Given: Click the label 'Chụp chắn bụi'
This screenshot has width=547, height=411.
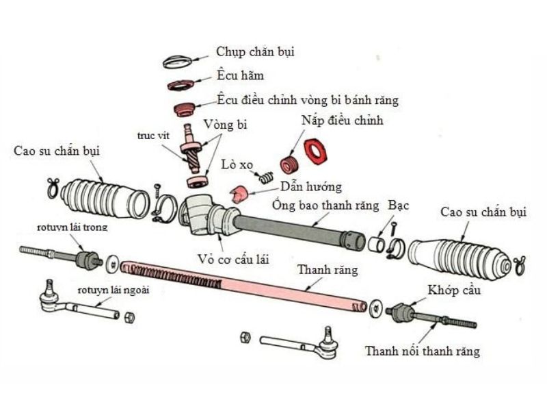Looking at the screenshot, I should [x=255, y=52].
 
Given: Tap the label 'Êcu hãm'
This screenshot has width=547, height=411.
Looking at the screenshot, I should [x=240, y=75].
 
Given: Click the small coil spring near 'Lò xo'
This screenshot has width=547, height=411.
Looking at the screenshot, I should [x=266, y=178].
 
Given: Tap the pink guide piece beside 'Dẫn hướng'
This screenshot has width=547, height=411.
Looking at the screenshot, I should [x=239, y=195].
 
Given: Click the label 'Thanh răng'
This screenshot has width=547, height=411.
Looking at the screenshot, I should [x=328, y=270].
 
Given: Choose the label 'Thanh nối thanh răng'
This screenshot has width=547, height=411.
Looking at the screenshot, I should [x=422, y=351].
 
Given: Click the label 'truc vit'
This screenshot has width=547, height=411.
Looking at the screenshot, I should [x=153, y=136].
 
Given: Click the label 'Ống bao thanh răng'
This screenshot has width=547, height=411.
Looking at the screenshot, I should [x=326, y=204].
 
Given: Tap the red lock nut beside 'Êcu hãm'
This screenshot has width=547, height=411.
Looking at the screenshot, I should [x=181, y=86].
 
